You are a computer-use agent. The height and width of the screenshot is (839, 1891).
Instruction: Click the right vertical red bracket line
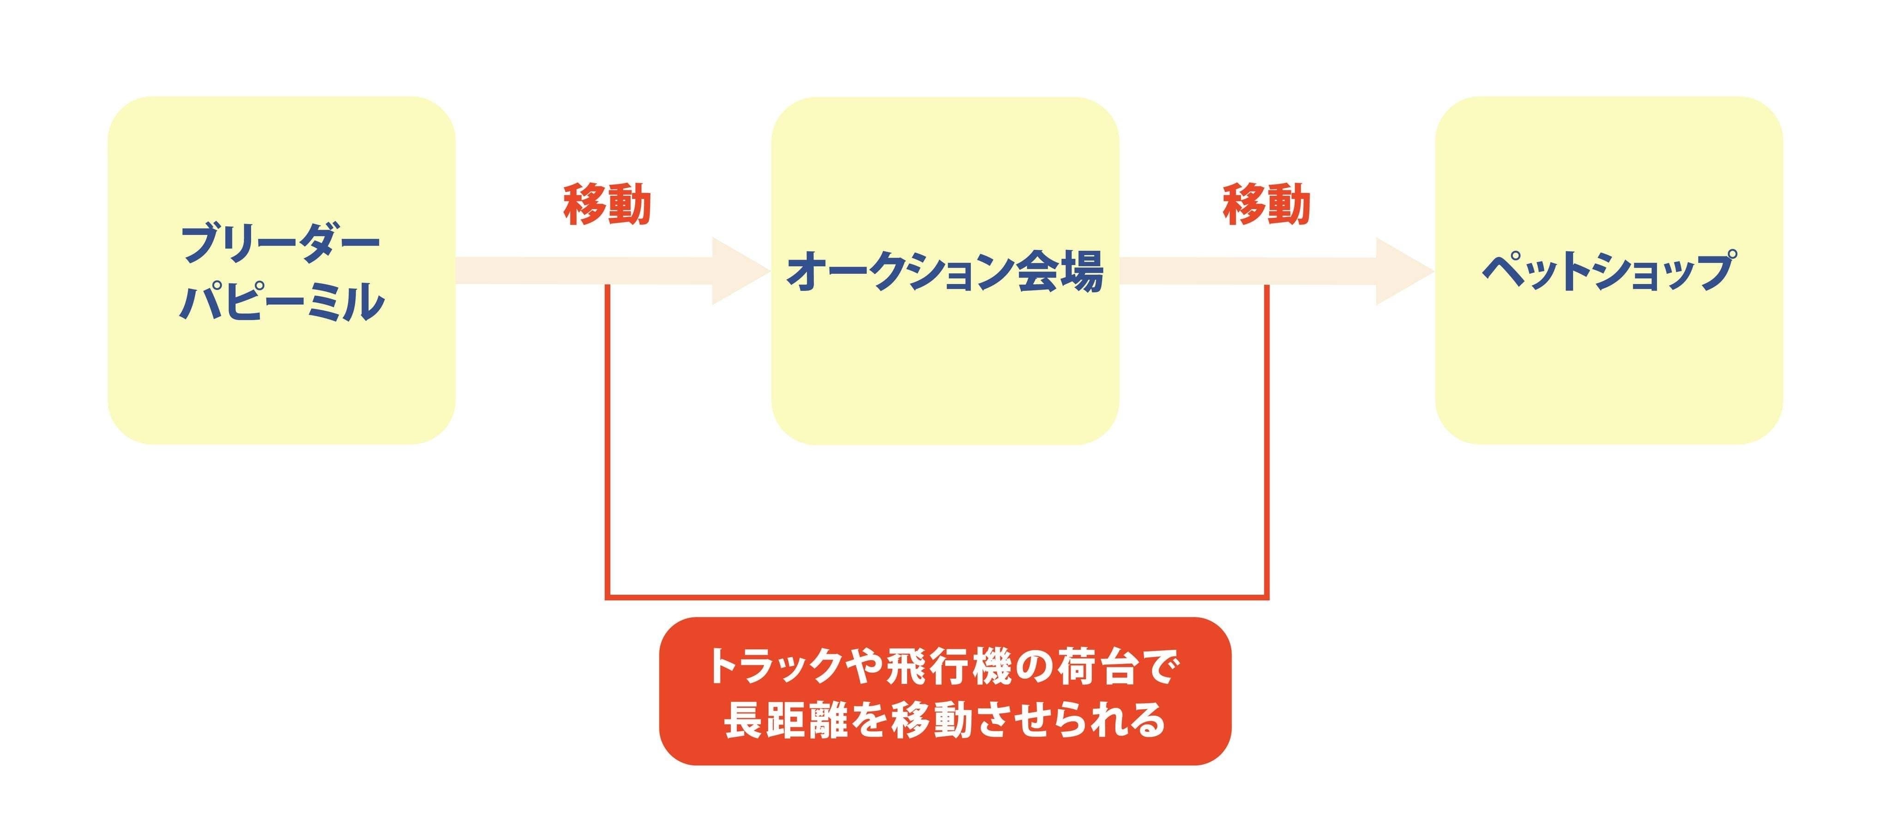point(1267,441)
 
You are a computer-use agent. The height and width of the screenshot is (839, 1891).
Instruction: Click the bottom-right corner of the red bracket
point(1266,596)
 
